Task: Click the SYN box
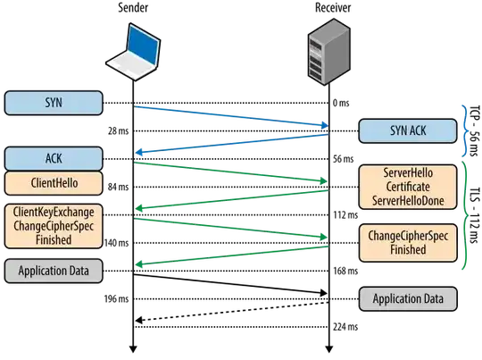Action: [x=54, y=102]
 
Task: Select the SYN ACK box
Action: [x=408, y=131]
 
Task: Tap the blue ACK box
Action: [x=54, y=159]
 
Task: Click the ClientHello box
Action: [x=54, y=183]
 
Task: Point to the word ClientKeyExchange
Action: [x=54, y=213]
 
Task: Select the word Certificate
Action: [x=408, y=187]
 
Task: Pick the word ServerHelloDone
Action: [x=408, y=201]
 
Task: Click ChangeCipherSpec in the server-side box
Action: [x=408, y=236]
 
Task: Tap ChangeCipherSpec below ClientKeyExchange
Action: [x=54, y=226]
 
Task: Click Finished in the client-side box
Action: [x=54, y=239]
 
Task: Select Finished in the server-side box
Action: [x=408, y=250]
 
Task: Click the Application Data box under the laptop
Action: [x=54, y=270]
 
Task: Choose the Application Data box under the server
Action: [x=408, y=298]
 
